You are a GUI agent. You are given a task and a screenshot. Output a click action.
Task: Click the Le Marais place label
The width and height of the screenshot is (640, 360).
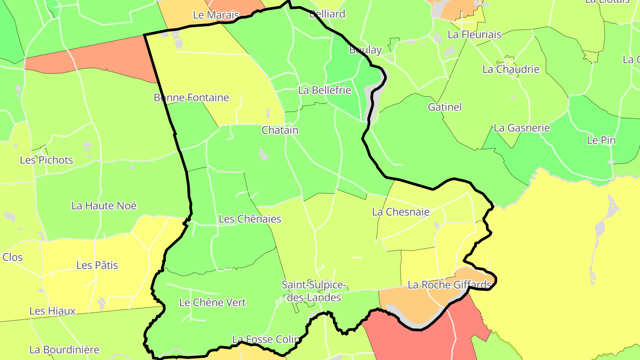click(216, 15)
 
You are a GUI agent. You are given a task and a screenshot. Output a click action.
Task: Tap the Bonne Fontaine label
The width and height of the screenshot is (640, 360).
click(191, 98)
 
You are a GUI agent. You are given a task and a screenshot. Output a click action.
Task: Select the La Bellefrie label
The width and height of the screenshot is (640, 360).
click(324, 91)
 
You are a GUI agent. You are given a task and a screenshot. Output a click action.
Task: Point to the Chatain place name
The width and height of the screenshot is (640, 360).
click(280, 130)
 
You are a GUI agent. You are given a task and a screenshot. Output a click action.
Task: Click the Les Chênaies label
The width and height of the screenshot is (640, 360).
click(250, 219)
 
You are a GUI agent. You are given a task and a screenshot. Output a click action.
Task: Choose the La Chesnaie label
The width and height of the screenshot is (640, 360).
click(401, 212)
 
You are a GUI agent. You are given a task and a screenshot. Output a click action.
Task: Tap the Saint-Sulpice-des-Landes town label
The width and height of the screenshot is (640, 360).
click(314, 291)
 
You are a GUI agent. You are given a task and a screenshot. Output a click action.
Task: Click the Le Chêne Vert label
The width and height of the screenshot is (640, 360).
click(212, 303)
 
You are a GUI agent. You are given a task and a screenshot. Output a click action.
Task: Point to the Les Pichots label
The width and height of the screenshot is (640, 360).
click(46, 160)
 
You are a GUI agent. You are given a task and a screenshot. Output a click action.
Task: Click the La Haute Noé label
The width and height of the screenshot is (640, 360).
click(104, 206)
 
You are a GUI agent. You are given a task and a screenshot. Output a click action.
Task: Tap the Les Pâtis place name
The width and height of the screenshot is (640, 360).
click(97, 265)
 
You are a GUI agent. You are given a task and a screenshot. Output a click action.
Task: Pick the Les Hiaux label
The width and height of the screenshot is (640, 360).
click(52, 311)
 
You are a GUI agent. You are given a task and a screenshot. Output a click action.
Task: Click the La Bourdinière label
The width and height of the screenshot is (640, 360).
click(64, 350)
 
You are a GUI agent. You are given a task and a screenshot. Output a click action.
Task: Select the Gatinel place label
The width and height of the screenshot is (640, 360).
click(445, 107)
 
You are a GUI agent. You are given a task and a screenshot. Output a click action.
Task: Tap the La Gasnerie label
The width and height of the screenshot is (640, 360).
click(522, 128)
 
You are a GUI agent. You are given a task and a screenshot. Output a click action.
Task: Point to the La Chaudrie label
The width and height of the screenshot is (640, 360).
click(511, 69)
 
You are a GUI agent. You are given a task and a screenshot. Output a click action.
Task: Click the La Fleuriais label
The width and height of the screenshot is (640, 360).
click(475, 35)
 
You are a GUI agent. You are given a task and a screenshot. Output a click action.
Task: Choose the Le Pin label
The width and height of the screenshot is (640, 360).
click(601, 140)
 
